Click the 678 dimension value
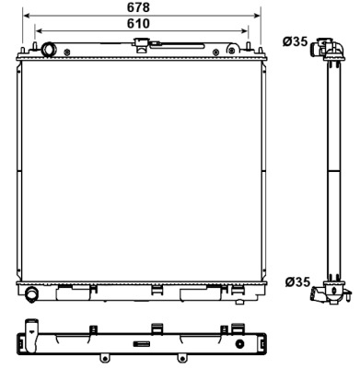point(138,7)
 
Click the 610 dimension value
point(138,23)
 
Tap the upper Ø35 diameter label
point(295,41)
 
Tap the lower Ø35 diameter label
point(297,282)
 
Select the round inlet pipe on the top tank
point(49,50)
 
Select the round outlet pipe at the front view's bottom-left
point(31,293)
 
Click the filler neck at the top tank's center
point(141,46)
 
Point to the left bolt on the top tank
point(67,52)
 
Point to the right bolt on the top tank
point(216,52)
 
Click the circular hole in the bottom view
point(239,344)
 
